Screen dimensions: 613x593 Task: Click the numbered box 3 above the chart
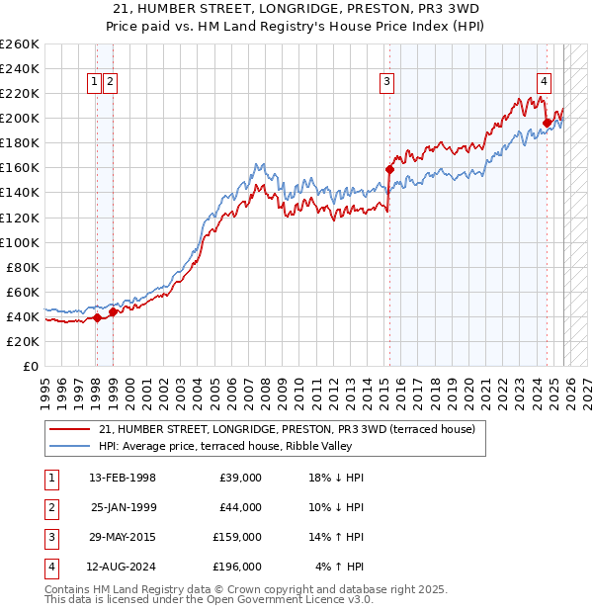[386, 83]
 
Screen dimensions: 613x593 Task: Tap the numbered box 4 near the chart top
[544, 83]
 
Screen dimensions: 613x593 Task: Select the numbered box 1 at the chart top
[94, 83]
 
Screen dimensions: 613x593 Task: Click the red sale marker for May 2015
[389, 169]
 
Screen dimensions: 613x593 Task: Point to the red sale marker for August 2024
[547, 123]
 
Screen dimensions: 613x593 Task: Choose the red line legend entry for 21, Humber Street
[287, 429]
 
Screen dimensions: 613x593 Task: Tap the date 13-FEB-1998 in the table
[122, 479]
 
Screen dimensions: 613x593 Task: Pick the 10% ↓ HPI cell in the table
[339, 508]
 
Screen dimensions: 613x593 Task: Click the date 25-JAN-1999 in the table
[123, 508]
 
